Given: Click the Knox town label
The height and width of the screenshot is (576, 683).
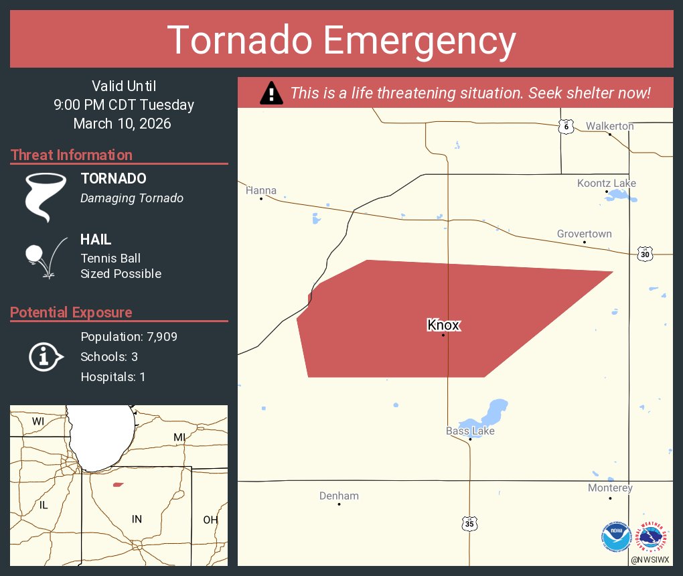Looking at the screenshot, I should point(443,326).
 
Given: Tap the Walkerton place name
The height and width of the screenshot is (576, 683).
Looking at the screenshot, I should point(609,126).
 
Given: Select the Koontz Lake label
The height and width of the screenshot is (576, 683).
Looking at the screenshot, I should point(607,184).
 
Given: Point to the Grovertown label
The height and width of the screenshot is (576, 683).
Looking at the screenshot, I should point(584,234).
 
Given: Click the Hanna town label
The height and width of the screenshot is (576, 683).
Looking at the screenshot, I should point(261,191).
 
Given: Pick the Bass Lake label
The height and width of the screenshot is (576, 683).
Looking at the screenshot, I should point(470,431).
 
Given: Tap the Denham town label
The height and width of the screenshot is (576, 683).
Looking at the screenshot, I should point(339,496).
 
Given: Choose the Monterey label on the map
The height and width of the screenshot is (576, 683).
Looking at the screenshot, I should point(610,488).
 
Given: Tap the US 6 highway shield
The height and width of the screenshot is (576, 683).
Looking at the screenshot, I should point(566,126).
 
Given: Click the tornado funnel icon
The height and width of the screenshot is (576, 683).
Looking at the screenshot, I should point(46,196).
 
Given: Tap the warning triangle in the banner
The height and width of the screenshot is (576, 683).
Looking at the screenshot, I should point(271,93).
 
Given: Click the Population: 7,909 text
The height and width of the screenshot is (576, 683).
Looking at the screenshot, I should point(129,336).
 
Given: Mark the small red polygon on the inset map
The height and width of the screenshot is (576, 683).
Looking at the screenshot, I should point(119,484).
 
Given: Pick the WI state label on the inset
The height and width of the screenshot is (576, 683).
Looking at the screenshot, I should point(37,421).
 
